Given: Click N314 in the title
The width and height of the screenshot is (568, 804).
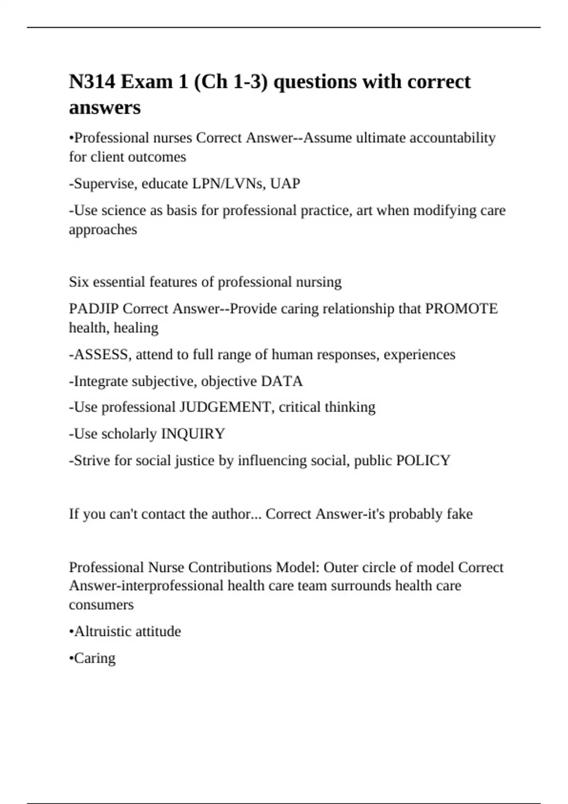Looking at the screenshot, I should click(92, 82).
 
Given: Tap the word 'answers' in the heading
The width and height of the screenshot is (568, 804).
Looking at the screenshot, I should click(105, 107).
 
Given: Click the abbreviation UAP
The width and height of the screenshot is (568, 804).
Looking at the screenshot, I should click(285, 184).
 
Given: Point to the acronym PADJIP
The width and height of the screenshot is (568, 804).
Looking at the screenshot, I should click(94, 309).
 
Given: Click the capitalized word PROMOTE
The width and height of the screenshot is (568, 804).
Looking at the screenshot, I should click(461, 309).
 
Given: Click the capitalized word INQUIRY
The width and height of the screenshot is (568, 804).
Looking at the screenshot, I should click(193, 434).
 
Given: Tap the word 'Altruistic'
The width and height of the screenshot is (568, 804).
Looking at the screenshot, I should click(105, 631).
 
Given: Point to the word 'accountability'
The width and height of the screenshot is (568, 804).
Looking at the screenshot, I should click(452, 138).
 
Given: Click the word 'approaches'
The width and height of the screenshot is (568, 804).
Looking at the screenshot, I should click(103, 229).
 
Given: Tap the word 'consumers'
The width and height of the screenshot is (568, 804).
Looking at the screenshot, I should click(101, 604).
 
